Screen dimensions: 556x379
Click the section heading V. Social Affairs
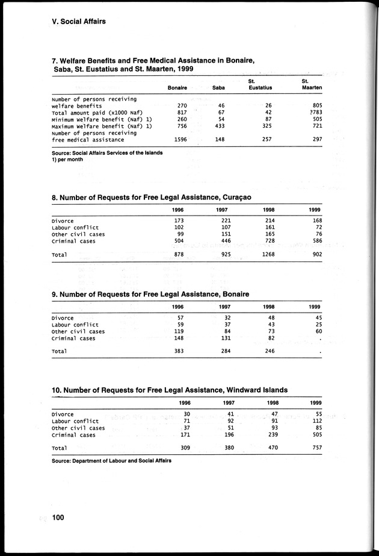79,21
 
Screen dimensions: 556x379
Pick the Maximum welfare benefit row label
101,126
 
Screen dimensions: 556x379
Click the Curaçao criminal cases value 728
266,241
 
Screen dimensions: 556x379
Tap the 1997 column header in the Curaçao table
223,209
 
